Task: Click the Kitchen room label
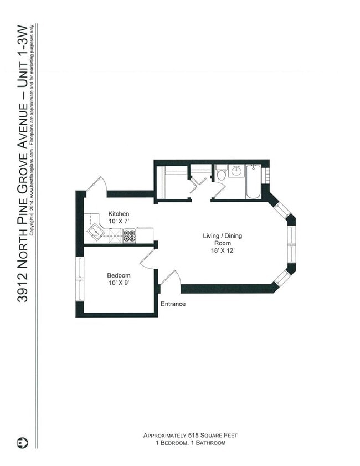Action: (x=119, y=214)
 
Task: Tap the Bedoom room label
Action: (x=119, y=275)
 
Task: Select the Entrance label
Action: (x=173, y=304)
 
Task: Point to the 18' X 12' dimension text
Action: (x=222, y=251)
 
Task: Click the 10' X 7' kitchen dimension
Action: (x=119, y=221)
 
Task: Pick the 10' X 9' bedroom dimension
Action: (x=119, y=283)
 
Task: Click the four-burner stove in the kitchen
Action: (x=129, y=236)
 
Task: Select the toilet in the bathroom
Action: (x=221, y=174)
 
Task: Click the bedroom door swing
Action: (x=147, y=258)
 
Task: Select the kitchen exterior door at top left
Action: (x=95, y=185)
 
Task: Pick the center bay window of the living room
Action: (x=291, y=243)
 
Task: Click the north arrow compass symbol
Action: (x=22, y=443)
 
